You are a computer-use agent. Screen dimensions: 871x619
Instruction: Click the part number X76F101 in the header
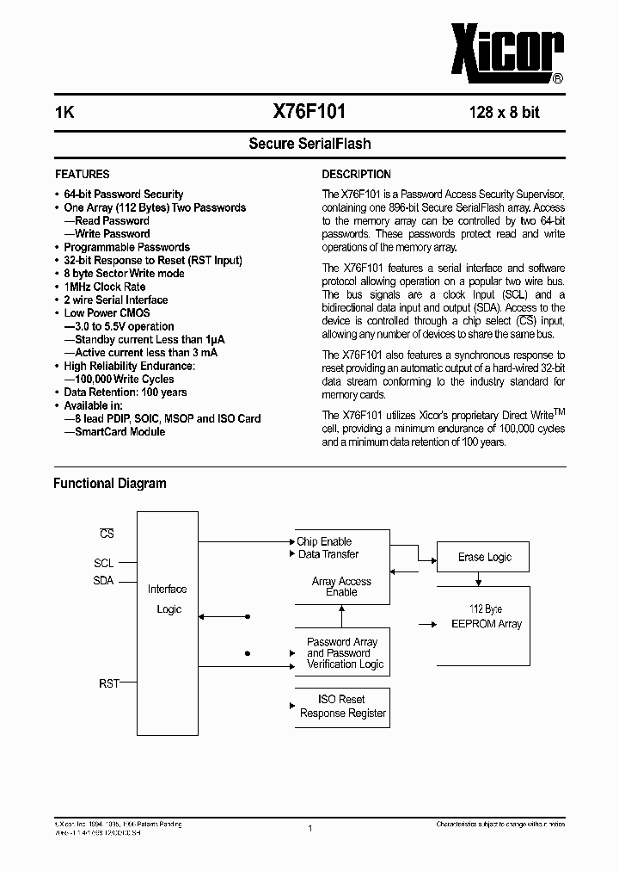[x=309, y=112]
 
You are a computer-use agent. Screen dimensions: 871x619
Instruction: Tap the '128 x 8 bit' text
[x=504, y=113]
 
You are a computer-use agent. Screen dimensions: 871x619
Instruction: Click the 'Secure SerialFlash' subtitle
[x=309, y=144]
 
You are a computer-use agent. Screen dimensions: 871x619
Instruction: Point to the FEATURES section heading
[x=83, y=174]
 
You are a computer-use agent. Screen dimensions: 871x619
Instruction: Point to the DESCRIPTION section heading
[x=356, y=174]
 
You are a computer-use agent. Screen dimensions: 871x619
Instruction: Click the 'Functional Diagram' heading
[x=110, y=484]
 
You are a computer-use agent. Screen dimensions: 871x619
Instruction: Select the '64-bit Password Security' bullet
[x=123, y=195]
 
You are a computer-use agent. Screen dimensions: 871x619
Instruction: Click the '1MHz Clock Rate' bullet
[x=105, y=287]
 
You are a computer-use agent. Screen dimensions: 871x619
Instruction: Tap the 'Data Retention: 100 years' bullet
[x=125, y=392]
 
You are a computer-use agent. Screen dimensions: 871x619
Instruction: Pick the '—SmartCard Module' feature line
[x=114, y=431]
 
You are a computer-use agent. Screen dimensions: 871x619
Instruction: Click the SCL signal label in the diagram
[x=104, y=564]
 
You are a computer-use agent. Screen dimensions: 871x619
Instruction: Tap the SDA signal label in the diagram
[x=104, y=581]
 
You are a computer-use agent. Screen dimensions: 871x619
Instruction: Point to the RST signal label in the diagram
[x=108, y=683]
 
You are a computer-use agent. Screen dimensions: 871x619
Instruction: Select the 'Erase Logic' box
[x=484, y=558]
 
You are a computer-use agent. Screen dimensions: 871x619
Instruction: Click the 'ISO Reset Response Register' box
[x=342, y=707]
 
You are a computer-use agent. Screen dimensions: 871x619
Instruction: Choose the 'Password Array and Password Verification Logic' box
[x=342, y=653]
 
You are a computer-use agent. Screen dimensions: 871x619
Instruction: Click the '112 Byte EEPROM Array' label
[x=487, y=617]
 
